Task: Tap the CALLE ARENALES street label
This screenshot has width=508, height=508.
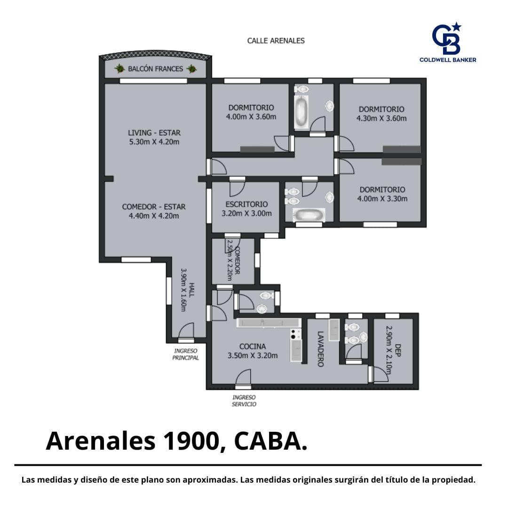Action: pyautogui.click(x=276, y=41)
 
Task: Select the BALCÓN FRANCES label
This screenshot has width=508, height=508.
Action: pyautogui.click(x=156, y=69)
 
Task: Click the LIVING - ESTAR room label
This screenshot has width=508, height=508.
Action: pyautogui.click(x=154, y=133)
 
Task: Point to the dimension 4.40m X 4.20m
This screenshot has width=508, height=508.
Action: pyautogui.click(x=154, y=216)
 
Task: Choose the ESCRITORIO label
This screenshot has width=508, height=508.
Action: pyautogui.click(x=246, y=205)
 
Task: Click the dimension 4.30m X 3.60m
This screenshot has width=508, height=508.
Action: pyautogui.click(x=381, y=119)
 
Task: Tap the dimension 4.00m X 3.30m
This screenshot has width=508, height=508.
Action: pyautogui.click(x=382, y=199)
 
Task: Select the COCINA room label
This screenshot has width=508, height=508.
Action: pyautogui.click(x=253, y=347)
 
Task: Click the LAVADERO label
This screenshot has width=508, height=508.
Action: pyautogui.click(x=320, y=349)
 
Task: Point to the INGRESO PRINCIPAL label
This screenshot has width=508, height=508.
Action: pyautogui.click(x=185, y=355)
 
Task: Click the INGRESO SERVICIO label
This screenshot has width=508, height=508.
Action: pyautogui.click(x=244, y=401)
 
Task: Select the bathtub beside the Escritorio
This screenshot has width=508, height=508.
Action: pyautogui.click(x=309, y=215)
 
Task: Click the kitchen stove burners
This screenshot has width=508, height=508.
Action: pyautogui.click(x=295, y=334)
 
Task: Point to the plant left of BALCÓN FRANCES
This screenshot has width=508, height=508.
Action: pyautogui.click(x=119, y=68)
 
